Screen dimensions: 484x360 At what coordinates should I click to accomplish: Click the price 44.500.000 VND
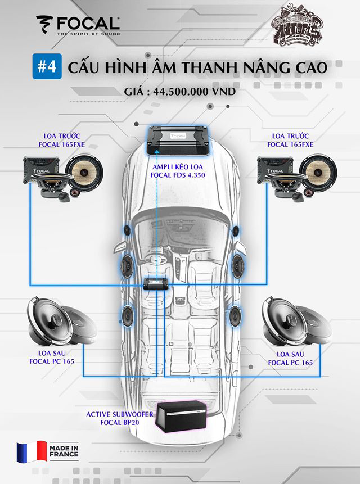click(181, 92)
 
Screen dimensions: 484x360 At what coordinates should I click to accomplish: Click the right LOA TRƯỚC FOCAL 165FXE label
click(292, 140)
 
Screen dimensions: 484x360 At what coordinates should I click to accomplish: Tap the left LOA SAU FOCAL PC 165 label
click(52, 358)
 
